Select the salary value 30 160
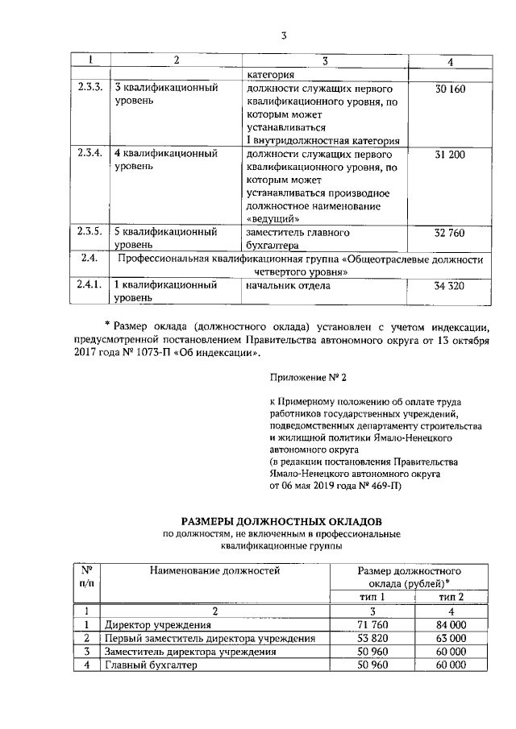pyautogui.click(x=450, y=88)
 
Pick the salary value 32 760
pyautogui.click(x=450, y=233)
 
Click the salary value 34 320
pyautogui.click(x=450, y=285)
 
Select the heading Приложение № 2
pyautogui.click(x=310, y=375)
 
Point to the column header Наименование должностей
pyautogui.click(x=214, y=571)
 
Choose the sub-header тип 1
pyautogui.click(x=372, y=597)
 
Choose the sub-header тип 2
pyautogui.click(x=451, y=597)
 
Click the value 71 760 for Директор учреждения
pyautogui.click(x=372, y=625)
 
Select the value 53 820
pyautogui.click(x=372, y=639)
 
